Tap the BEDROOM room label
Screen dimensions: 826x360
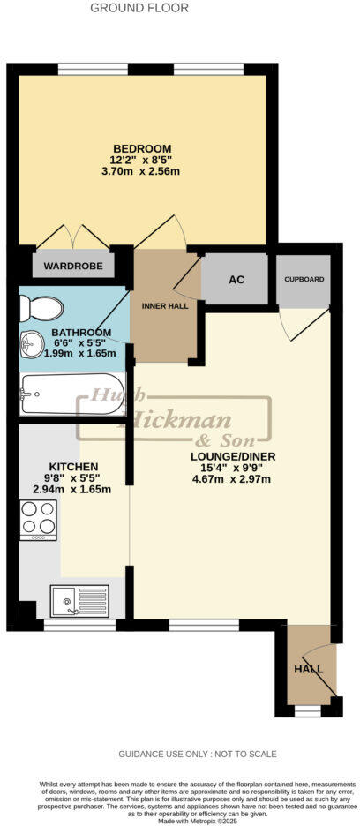pyautogui.click(x=141, y=147)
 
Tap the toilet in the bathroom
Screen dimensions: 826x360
pyautogui.click(x=42, y=308)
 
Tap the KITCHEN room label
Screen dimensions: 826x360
pyautogui.click(x=73, y=466)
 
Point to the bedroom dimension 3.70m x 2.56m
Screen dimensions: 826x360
pyautogui.click(x=141, y=173)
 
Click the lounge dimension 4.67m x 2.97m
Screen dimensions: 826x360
pyautogui.click(x=229, y=480)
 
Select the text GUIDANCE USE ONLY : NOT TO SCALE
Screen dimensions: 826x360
pyautogui.click(x=198, y=754)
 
